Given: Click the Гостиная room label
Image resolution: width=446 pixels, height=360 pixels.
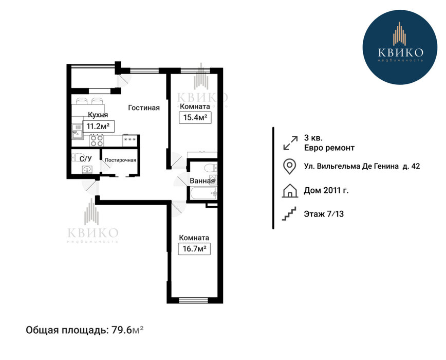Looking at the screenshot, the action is coord(144,107).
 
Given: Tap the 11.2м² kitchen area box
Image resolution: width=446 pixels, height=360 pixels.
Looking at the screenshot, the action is coord(99,126).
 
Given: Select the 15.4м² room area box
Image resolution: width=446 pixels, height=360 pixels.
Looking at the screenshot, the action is coord(195,117).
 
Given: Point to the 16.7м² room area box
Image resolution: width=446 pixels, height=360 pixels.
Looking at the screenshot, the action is coord(194,249).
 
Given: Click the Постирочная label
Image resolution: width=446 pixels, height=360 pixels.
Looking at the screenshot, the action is coord(120,160).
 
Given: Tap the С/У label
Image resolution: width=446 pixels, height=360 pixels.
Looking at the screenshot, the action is coord(86,159).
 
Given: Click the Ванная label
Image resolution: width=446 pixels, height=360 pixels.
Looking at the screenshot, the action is coord(202,181).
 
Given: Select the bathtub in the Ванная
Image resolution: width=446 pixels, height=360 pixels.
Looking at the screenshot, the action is coord(203,193).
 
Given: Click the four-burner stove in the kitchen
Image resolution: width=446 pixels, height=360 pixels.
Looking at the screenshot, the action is coord(97,140).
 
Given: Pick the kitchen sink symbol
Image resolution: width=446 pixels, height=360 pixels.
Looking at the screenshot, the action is coord(77,132).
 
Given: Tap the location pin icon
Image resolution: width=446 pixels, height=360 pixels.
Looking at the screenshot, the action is coord(290,166).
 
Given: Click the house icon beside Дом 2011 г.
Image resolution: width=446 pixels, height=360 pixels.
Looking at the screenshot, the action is coord(290,190).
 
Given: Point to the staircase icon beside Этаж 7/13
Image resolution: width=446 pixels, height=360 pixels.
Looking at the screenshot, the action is coord(289,213).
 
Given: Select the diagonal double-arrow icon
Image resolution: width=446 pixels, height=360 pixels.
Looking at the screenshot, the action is coord(290,142).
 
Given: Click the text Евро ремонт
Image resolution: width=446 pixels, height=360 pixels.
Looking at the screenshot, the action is coord(329,148).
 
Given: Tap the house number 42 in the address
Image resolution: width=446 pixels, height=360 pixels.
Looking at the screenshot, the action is coord(416,166).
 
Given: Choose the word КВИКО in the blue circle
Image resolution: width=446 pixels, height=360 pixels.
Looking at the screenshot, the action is coord(400,52).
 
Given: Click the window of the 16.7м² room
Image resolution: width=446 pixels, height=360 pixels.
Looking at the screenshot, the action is coord(193,300).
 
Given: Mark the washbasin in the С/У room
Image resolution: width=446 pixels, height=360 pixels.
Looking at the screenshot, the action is coord(87,170).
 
